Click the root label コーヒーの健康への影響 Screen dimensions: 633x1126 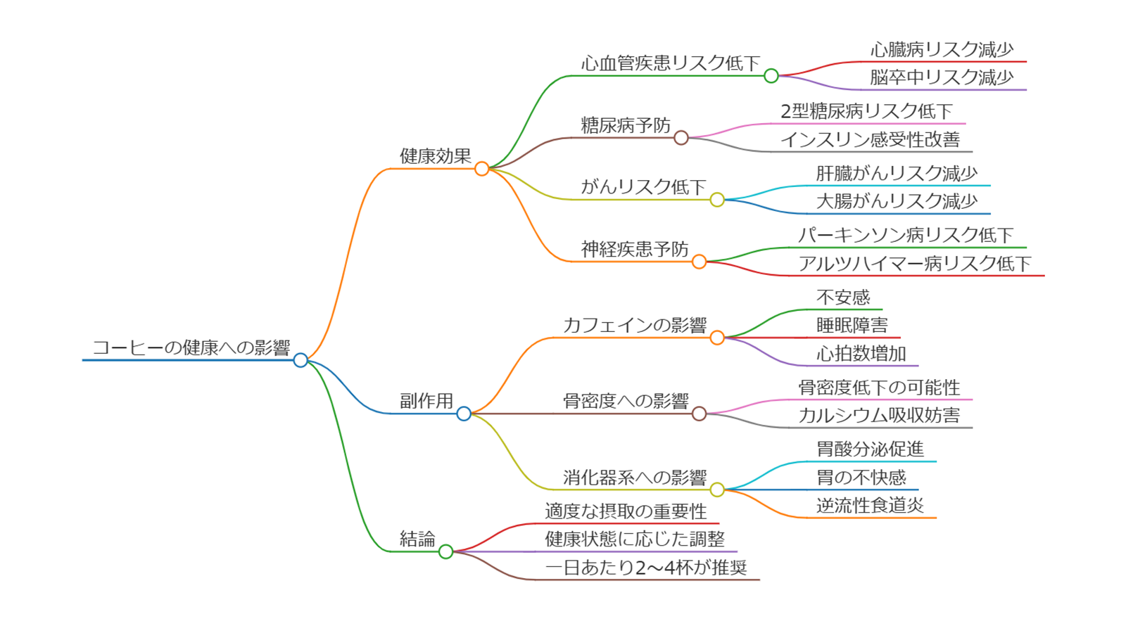coord(191,347)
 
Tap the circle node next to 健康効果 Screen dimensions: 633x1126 coord(481,169)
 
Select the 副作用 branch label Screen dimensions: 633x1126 coord(426,401)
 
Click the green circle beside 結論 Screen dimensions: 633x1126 coord(445,551)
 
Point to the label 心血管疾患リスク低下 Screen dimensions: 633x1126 coord(670,63)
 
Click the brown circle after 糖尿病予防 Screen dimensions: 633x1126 coord(681,138)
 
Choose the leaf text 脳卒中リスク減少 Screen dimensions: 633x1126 coord(942,77)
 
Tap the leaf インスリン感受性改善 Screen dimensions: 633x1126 coord(870,139)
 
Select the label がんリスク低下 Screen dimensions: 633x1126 coord(643,187)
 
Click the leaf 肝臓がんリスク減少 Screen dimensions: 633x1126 coord(897,173)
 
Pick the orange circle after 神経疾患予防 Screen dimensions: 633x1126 coord(699,262)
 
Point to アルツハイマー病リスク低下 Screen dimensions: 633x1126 coord(914,264)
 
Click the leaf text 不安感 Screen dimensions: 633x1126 coord(843,298)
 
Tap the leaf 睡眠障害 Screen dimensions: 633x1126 coord(852,326)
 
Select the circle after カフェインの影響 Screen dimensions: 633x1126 coord(717,338)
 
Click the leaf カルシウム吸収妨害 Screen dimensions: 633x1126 coord(879,416)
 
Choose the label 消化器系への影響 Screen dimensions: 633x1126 coord(635,478)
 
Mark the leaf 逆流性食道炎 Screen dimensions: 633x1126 coord(870,506)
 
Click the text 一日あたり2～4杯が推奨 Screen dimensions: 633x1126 coord(646,568)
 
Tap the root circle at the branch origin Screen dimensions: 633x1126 coord(301,360)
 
